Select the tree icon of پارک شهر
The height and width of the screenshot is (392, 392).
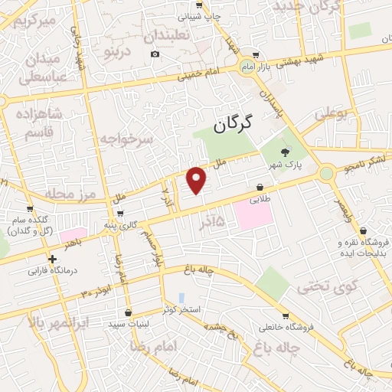click(286, 152)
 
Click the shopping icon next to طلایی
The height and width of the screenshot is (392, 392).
click(260, 186)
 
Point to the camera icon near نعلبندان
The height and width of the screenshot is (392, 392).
click(155, 54)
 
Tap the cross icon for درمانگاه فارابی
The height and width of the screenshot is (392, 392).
click(52, 259)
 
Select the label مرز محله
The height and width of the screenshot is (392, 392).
click(74, 192)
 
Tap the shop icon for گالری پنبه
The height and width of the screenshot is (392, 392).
click(121, 214)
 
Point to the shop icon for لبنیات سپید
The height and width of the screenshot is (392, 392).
click(127, 312)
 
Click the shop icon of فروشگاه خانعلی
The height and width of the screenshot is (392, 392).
click(286, 315)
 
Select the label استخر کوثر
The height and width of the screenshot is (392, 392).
click(181, 309)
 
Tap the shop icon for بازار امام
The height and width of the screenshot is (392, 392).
click(255, 55)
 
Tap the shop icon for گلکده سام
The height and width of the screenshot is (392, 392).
click(31, 211)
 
